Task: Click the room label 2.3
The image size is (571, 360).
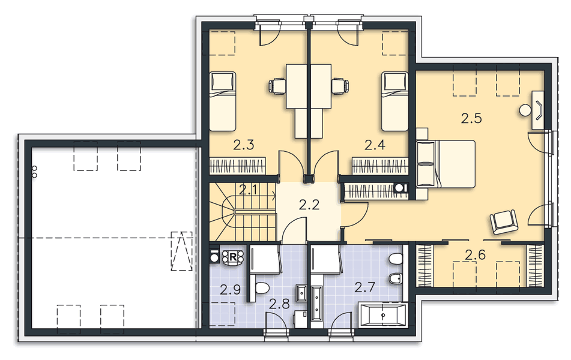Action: click(x=243, y=144)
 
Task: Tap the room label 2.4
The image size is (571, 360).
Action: click(x=375, y=144)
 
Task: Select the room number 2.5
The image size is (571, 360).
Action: click(x=471, y=118)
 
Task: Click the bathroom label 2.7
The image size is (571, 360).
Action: click(x=364, y=287)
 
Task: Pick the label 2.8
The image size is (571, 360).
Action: click(x=280, y=304)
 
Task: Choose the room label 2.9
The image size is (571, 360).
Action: click(x=230, y=290)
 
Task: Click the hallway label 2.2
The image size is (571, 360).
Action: click(x=309, y=203)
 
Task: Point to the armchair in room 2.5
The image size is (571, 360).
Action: click(x=503, y=222)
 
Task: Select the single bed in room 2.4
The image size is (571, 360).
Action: click(x=395, y=101)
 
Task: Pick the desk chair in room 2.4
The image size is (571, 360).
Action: click(x=339, y=86)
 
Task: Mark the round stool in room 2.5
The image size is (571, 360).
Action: click(x=525, y=110)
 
